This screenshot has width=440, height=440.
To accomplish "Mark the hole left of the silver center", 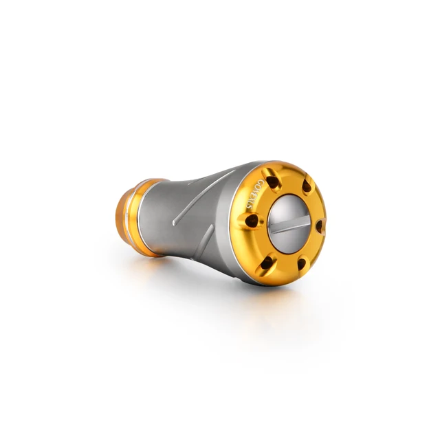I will point(253,221).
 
